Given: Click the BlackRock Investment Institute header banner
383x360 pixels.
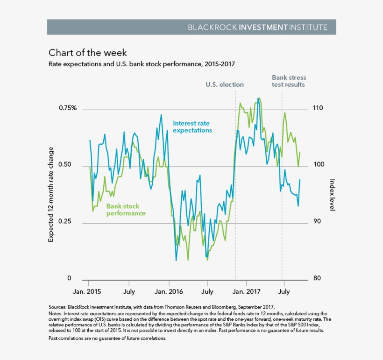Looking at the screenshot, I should pos(191,27).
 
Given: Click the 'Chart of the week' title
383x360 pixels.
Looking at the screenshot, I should pos(88,52).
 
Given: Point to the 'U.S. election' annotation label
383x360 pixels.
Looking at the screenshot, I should pos(225,85).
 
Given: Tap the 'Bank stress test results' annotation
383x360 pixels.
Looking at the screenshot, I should pos(288,81).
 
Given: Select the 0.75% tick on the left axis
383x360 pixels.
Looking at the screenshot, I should pos(68,108).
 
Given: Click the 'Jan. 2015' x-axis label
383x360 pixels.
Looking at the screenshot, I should pos(88,292).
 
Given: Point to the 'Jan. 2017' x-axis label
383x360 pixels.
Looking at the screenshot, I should pos(247,292).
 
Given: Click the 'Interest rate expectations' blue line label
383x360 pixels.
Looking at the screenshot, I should pos(192,127).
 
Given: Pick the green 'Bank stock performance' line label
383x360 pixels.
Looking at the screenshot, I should pos(126,210).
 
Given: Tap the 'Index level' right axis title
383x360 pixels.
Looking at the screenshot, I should pos(332,195).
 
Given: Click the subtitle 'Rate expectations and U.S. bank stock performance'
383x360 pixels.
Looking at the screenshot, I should pos(145,64).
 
